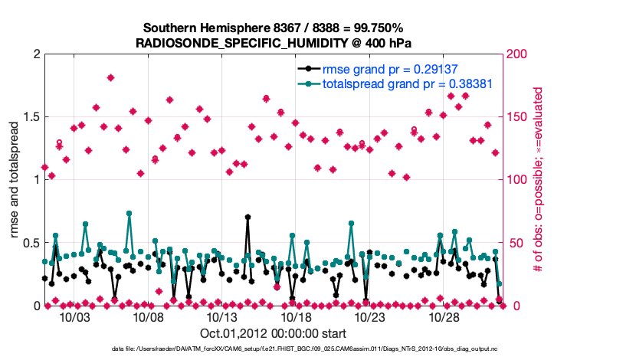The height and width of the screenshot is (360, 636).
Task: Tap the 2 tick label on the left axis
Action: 36,54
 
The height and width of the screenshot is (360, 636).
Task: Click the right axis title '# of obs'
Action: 539,180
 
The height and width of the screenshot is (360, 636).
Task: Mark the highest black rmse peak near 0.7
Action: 248,217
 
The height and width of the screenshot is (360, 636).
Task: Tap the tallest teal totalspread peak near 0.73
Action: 129,214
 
